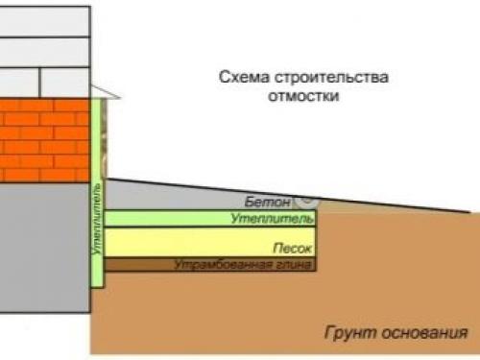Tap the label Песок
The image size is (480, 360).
pyautogui.click(x=291, y=248)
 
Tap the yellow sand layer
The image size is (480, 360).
pyautogui.click(x=192, y=241)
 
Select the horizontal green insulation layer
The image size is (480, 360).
pyautogui.click(x=173, y=219)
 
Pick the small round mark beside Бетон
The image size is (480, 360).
pyautogui.click(x=309, y=201)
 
